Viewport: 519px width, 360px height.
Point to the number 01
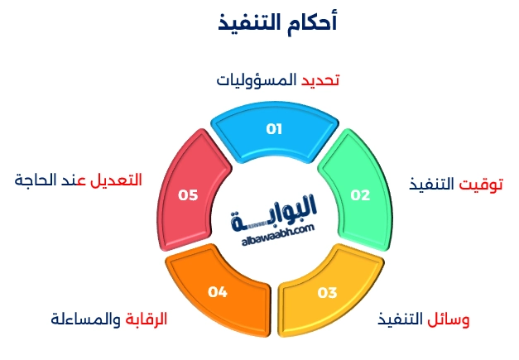(x=274, y=129)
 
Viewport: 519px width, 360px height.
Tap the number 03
(x=327, y=292)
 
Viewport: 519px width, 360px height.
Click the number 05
(x=189, y=195)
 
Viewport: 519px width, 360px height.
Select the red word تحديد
(x=320, y=79)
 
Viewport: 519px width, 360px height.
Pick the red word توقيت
(x=483, y=183)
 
